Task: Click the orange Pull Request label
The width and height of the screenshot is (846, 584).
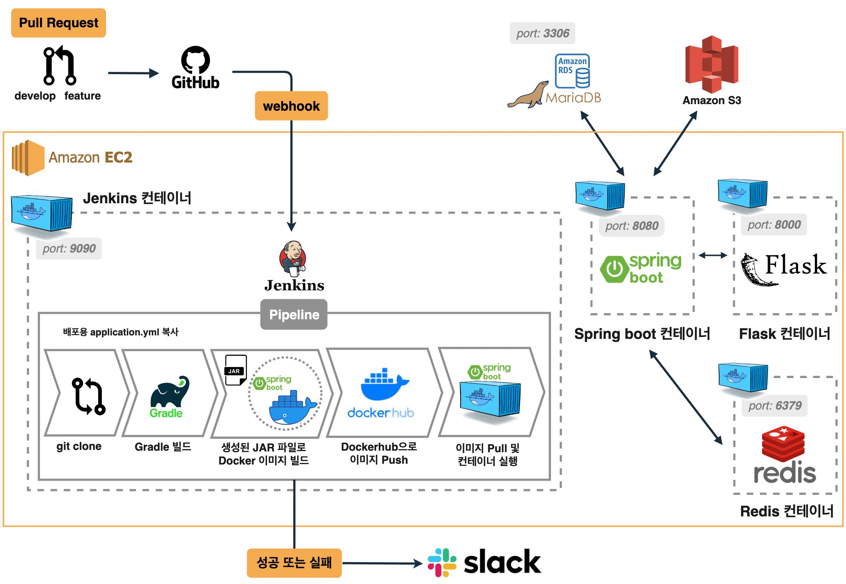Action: tap(58, 23)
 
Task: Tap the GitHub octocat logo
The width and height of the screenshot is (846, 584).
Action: tap(196, 60)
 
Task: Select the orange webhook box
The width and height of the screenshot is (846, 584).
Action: tap(291, 106)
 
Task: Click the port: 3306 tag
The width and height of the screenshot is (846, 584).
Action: tap(542, 33)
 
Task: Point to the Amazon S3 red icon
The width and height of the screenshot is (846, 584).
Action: tap(712, 64)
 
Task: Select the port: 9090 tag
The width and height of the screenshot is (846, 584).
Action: tap(69, 249)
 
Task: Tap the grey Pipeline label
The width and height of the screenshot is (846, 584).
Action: tap(294, 315)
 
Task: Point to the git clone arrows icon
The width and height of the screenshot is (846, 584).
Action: tap(88, 397)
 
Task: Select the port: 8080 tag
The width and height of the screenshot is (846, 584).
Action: tap(632, 226)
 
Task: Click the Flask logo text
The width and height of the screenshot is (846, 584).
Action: tap(795, 265)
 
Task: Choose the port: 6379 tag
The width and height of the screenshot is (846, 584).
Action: tap(775, 406)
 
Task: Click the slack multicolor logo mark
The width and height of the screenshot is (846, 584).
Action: tap(442, 562)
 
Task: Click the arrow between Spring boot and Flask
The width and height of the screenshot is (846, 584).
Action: tap(713, 255)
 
